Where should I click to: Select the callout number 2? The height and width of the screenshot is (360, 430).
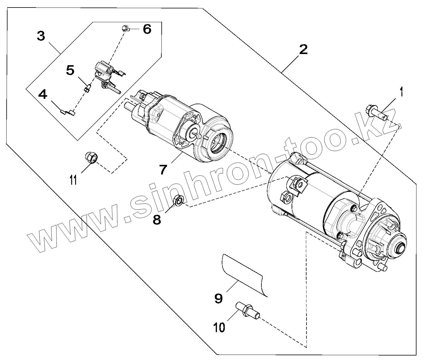[303, 50]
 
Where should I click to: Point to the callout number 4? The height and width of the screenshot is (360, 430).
[43, 95]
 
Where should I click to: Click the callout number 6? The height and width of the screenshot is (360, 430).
[147, 29]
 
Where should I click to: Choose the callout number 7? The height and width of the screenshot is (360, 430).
[163, 170]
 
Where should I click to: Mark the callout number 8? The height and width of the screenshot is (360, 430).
[157, 220]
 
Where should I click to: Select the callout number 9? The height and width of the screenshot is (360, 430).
[218, 298]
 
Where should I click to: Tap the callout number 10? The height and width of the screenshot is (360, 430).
[220, 328]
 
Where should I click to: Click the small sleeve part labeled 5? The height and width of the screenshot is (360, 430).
[87, 89]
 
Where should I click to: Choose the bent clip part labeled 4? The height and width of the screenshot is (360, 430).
[69, 112]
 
